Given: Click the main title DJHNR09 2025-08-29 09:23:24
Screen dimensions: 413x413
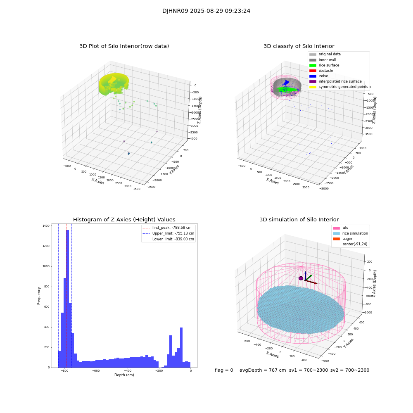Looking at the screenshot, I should point(206,11).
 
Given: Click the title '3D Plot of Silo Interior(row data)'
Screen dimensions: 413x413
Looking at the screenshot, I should point(124,46).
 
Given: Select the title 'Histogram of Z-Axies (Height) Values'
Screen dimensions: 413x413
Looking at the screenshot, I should point(124,220).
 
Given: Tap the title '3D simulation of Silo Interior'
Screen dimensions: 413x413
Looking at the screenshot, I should point(299,220).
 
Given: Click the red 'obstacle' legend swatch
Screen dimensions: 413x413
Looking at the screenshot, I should point(313,71).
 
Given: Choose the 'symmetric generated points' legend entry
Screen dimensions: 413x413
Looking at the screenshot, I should point(343,87).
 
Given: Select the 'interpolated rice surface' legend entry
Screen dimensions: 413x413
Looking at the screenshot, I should point(339,81).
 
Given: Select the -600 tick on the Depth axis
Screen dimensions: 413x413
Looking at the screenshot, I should point(96,371).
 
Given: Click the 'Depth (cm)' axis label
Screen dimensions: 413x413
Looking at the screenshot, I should point(124,375).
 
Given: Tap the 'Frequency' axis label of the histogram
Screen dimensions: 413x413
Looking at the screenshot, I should point(39,296).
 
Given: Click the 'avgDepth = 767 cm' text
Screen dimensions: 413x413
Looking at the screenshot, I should point(263,370).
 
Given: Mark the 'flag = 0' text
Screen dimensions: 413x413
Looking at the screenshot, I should point(224,370).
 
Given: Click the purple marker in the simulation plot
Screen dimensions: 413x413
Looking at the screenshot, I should point(301,278).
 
